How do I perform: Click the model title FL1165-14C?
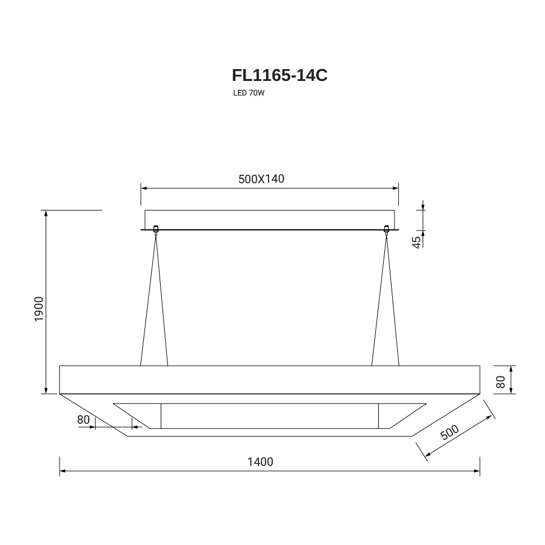point(279,75)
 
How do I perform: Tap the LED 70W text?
point(249,93)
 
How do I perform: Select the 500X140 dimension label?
point(261,179)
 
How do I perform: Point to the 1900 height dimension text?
point(39,309)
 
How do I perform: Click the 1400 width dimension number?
point(260,462)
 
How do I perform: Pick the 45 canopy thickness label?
point(416,242)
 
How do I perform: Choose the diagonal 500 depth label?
point(449,433)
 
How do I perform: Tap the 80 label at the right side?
point(501,381)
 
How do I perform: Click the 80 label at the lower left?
point(83,420)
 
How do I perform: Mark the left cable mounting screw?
point(156,229)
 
